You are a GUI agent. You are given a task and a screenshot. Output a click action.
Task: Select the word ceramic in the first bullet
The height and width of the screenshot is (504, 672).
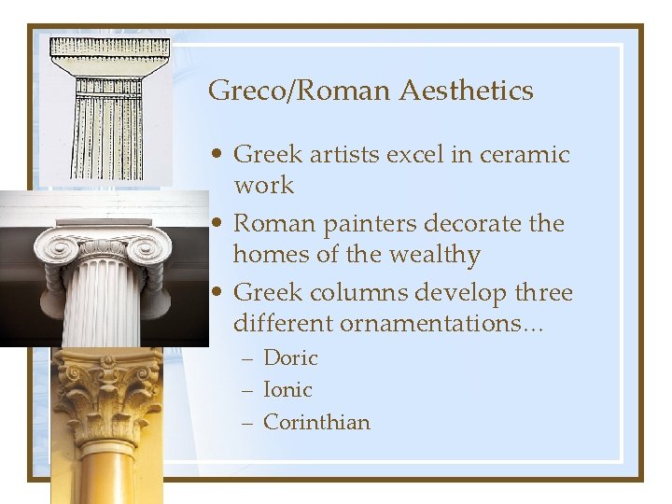coord(525,154)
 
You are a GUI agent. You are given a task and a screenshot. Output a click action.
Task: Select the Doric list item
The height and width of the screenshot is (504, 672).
coord(290,357)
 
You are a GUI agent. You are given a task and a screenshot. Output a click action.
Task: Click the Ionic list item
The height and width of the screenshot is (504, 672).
coord(287,389)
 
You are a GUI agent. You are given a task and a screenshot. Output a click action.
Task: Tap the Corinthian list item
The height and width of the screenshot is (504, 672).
coord(316,422)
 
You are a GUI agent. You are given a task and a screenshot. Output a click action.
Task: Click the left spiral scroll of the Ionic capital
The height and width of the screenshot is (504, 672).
coord(62,248)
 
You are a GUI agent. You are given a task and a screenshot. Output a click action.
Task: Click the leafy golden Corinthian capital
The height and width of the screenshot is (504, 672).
coord(106,397)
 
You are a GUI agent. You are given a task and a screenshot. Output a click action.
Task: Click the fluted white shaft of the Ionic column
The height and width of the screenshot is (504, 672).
coord(103,308)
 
